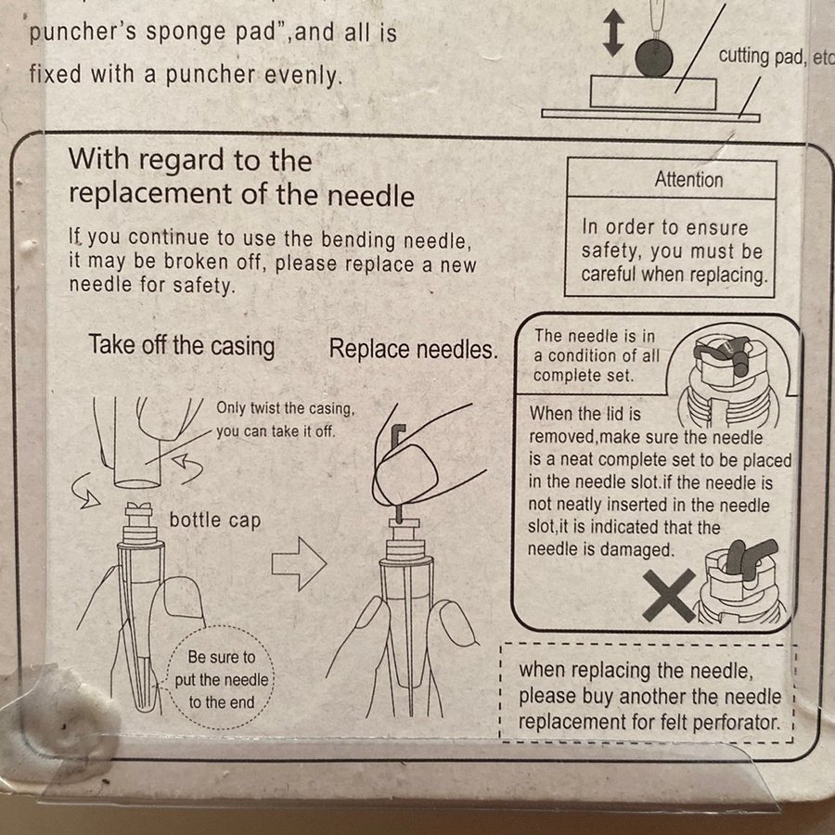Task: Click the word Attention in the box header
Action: pyautogui.click(x=688, y=179)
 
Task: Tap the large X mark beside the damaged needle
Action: pyautogui.click(x=669, y=596)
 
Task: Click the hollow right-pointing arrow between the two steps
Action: pyautogui.click(x=299, y=563)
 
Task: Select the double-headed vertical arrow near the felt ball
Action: pyautogui.click(x=613, y=33)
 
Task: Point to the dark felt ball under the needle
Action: pyautogui.click(x=653, y=58)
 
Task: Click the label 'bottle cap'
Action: pyautogui.click(x=215, y=520)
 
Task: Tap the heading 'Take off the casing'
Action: pyautogui.click(x=182, y=346)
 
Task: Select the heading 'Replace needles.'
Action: pyautogui.click(x=413, y=350)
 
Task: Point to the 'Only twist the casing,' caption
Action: pyautogui.click(x=285, y=408)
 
